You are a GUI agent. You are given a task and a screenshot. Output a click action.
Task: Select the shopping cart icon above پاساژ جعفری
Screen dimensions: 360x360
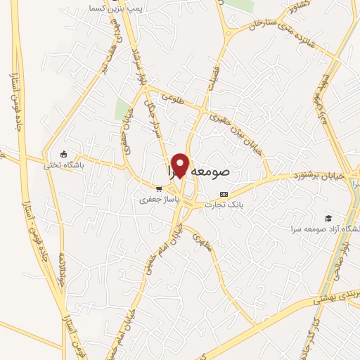[160, 188]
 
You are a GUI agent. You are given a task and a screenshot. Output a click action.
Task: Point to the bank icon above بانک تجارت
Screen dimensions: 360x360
[224, 193]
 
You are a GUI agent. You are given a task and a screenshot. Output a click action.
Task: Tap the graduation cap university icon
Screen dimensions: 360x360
[327, 219]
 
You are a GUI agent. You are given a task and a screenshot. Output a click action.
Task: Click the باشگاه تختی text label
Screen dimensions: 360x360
[64, 166]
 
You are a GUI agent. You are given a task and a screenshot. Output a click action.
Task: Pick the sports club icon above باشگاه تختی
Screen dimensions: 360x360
[64, 155]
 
